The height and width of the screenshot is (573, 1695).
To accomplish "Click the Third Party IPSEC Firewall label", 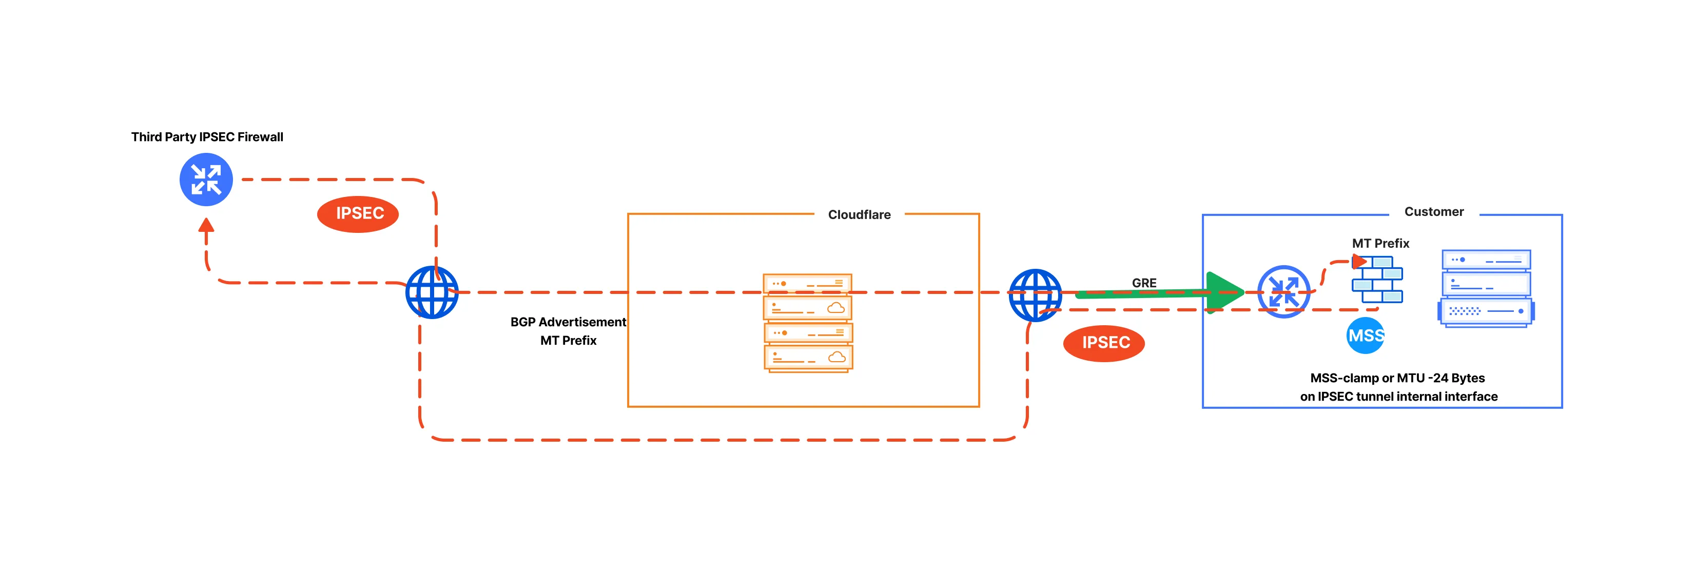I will click(207, 137).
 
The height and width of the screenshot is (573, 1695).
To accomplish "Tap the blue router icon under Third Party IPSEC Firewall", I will click(206, 180).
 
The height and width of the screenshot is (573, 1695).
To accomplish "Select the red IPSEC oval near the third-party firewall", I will click(358, 214).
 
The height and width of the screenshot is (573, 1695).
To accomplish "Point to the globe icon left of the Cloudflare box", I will click(432, 292).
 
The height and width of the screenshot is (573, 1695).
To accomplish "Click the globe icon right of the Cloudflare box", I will click(1035, 295).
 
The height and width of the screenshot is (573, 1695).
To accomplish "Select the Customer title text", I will click(1433, 212).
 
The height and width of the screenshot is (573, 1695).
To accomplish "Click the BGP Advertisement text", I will click(568, 322).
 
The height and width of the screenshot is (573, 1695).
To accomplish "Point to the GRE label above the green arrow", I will click(1143, 282).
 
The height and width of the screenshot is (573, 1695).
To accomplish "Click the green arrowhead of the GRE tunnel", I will click(1223, 292).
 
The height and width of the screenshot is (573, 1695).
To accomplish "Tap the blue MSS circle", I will click(1366, 335).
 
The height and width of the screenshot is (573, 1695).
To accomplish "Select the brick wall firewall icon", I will click(1377, 280).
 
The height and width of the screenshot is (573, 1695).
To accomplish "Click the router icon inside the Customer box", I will click(1283, 291).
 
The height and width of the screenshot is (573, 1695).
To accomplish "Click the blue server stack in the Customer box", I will click(1486, 288).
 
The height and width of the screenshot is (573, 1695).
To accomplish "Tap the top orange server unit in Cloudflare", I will click(807, 284).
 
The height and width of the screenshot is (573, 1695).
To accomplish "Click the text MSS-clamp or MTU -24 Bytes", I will click(1397, 378).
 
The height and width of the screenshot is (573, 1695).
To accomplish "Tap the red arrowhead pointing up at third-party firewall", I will click(207, 226).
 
